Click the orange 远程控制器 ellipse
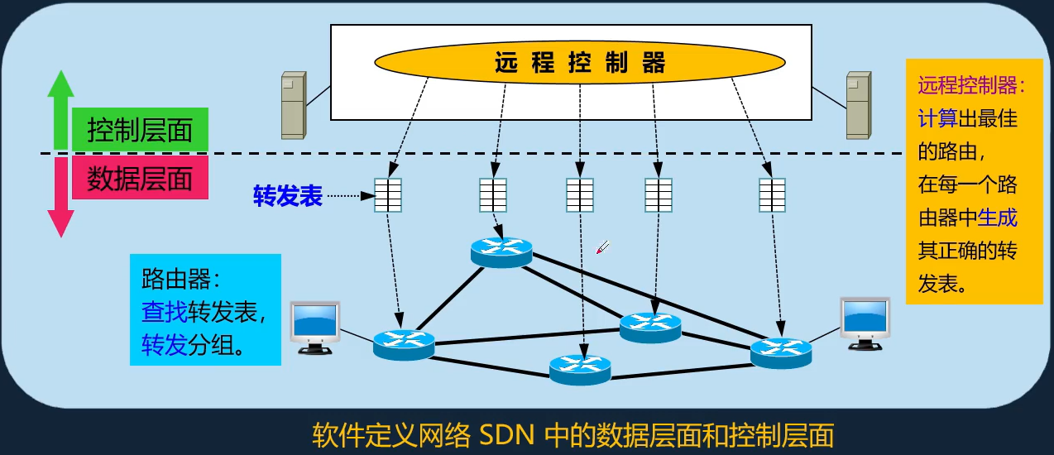[579, 62]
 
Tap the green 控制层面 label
[140, 130]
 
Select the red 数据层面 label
[140, 180]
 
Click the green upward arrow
[60, 108]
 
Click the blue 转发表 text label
[287, 197]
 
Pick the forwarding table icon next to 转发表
[388, 196]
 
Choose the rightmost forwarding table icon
[773, 196]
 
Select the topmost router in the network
[501, 251]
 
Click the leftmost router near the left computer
[403, 343]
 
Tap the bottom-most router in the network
[580, 368]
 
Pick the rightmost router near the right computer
[781, 352]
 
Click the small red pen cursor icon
[603, 247]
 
